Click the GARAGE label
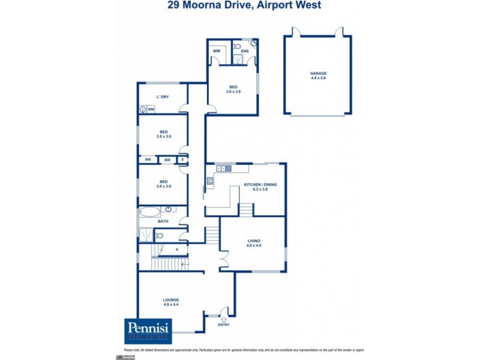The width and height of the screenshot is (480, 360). pos(318,74)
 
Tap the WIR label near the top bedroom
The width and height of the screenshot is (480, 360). pos(217,52)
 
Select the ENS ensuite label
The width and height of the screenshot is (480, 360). pos(245,52)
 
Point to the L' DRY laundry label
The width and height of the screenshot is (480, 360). pos(163,97)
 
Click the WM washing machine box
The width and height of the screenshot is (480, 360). pos(151,109)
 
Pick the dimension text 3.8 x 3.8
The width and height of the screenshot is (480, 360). pos(163,137)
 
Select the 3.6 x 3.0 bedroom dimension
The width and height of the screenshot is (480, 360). pos(163,187)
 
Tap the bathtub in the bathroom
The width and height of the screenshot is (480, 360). pos(150,211)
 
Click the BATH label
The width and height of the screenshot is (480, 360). pos(163,221)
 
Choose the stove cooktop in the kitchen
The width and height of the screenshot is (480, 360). pos(210,180)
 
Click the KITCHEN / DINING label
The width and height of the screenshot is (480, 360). pos(260,185)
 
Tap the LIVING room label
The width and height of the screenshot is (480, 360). pos(254,241)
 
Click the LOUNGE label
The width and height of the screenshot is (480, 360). pos(171,300)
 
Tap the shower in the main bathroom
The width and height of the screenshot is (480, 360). pos(146,235)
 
